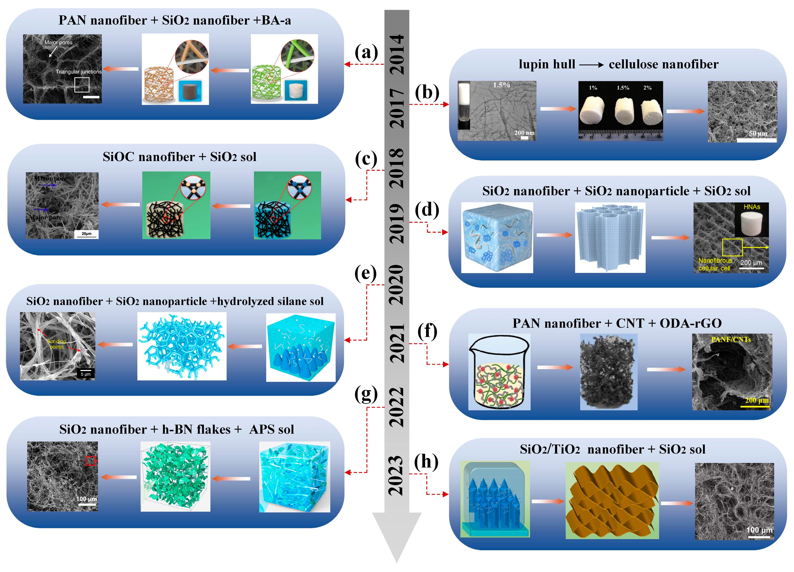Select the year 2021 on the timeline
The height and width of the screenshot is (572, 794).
pyautogui.click(x=397, y=343)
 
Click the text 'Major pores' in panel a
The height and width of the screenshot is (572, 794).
pyautogui.click(x=58, y=42)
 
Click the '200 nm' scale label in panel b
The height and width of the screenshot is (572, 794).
pyautogui.click(x=524, y=133)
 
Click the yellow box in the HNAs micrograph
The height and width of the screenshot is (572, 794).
pyautogui.click(x=732, y=247)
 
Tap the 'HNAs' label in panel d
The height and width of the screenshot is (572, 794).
pyautogui.click(x=752, y=207)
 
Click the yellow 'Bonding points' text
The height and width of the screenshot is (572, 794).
pyautogui.click(x=56, y=344)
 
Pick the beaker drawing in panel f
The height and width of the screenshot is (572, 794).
pyautogui.click(x=499, y=372)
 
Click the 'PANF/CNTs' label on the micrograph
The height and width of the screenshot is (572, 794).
pyautogui.click(x=731, y=339)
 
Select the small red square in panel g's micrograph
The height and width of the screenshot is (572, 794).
pyautogui.click(x=90, y=461)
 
